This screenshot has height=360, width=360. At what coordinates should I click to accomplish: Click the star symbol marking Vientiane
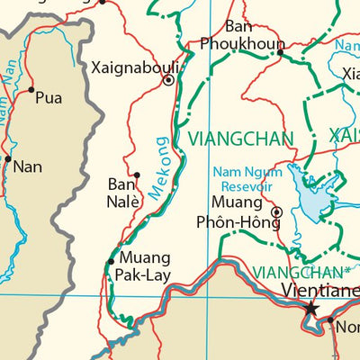pyautogui.click(x=311, y=308)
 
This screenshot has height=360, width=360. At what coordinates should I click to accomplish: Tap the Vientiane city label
pyautogui.click(x=319, y=290)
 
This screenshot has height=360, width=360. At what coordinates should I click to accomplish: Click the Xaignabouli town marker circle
pyautogui.click(x=168, y=80)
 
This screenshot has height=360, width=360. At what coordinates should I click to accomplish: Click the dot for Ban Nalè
pyautogui.click(x=137, y=175)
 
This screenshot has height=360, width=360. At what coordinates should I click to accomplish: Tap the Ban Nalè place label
pyautogui.click(x=123, y=193)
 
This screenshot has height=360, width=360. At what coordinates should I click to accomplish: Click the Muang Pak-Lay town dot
pyautogui.click(x=111, y=262)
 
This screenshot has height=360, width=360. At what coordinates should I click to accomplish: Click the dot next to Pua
pyautogui.click(x=31, y=90)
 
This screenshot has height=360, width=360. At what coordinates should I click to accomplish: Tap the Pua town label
pyautogui.click(x=49, y=98)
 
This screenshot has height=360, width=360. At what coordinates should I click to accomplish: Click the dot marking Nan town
pyautogui.click(x=8, y=159)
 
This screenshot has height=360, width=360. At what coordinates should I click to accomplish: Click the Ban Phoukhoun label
pyautogui.click(x=241, y=35)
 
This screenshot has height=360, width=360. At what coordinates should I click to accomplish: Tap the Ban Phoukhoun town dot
pyautogui.click(x=280, y=52)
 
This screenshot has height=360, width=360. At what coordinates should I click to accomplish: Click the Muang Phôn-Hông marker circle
pyautogui.click(x=276, y=212)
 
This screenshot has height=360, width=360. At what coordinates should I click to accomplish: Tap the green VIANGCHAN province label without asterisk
pyautogui.click(x=240, y=138)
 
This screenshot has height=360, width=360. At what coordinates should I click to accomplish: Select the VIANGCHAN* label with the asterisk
pyautogui.click(x=301, y=271)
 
